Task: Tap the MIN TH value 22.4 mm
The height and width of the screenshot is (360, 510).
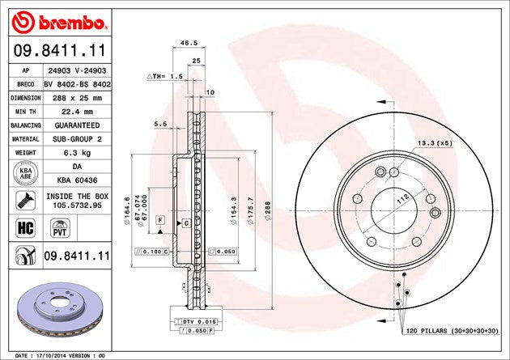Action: tap(77, 111)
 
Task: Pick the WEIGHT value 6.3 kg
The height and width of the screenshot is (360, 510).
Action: tap(77, 152)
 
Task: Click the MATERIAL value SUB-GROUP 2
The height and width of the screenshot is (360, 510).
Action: tap(77, 138)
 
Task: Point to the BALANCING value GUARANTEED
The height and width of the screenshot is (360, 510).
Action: tap(77, 125)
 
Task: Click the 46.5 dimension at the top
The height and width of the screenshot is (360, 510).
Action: tap(189, 43)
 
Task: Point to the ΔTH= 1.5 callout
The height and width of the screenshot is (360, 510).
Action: tap(166, 75)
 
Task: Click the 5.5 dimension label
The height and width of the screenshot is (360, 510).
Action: tap(160, 125)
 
